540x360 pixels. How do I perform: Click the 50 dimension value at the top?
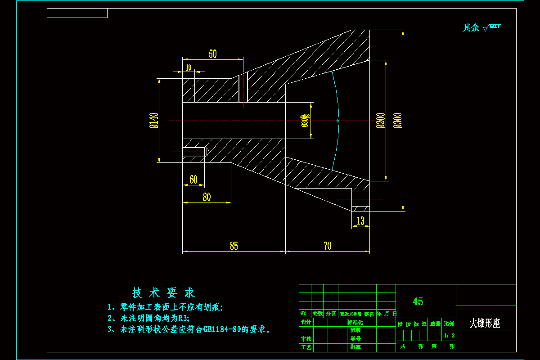point(213,54)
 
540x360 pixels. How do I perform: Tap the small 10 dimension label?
point(189,67)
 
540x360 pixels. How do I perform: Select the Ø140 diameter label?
point(154,121)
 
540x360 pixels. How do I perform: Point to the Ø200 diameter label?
point(381,121)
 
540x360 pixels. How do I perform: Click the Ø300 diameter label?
point(397,121)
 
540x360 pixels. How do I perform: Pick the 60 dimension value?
point(193,180)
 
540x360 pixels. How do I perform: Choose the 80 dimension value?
point(207,197)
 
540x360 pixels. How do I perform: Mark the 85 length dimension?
point(234,246)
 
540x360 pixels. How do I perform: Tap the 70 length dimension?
point(327,246)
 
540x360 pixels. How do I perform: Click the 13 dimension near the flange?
point(360,220)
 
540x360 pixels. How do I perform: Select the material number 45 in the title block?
point(418,301)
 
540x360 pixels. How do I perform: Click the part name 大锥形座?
point(485,323)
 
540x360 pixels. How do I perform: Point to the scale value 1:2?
point(449,335)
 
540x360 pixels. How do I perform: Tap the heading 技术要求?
point(163,293)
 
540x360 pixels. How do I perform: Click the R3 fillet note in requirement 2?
point(183,318)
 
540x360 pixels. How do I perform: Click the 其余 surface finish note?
point(471,28)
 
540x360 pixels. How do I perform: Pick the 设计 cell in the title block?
point(306,323)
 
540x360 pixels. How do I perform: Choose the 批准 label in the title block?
point(355,347)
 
